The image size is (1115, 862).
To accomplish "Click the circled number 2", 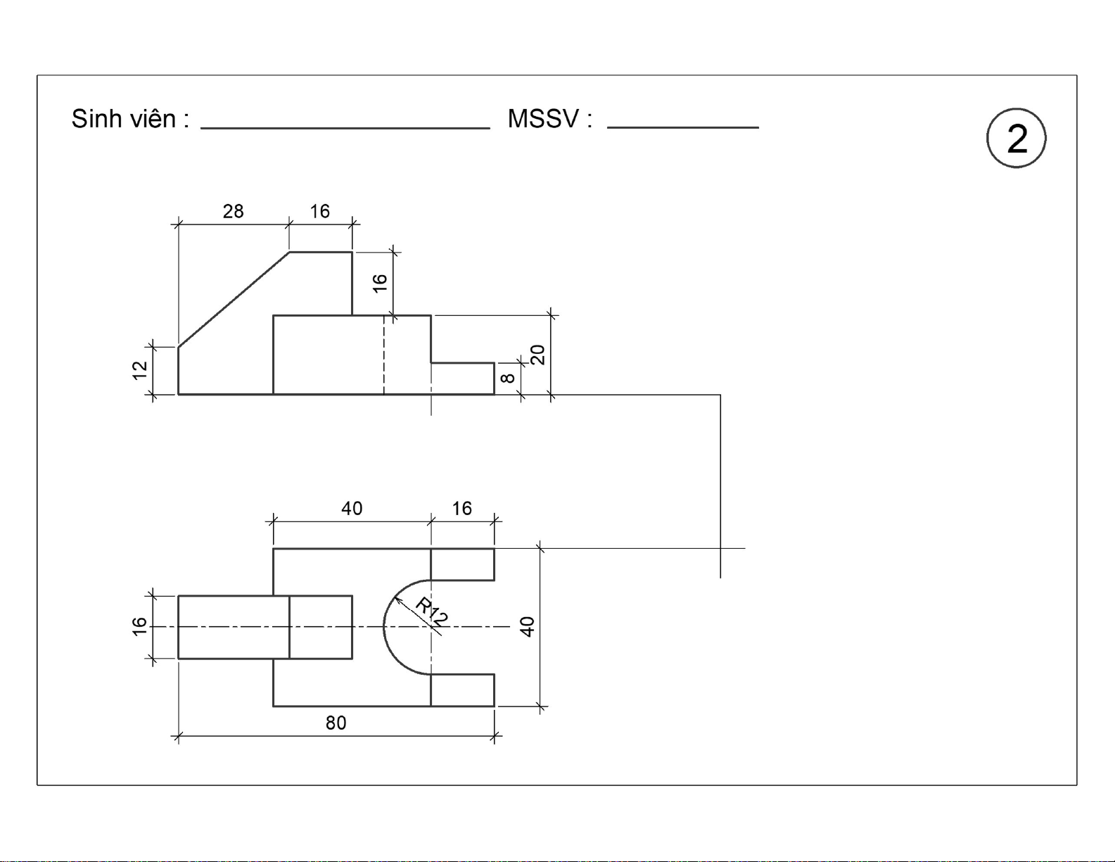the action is point(1016,137).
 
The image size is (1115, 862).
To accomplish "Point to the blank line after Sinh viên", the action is point(345,128).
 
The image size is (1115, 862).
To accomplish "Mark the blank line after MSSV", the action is point(683,127).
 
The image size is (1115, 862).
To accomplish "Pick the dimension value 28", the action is point(233,211).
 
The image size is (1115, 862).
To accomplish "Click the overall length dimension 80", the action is point(336,723).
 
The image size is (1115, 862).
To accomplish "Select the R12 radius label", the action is point(431,611).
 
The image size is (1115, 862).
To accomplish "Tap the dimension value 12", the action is point(139,370).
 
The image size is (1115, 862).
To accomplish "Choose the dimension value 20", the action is point(537,355).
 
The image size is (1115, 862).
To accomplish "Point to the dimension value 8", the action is point(507,378).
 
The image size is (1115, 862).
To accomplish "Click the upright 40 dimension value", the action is point(352,509).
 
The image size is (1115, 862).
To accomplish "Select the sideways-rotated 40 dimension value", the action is point(528,626).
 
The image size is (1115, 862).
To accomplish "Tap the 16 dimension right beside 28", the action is point(319,211).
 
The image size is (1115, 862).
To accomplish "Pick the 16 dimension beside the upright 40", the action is point(461,509).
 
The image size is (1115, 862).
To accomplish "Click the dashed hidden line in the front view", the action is point(384,355).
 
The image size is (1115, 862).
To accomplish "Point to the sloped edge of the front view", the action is point(234,300).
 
